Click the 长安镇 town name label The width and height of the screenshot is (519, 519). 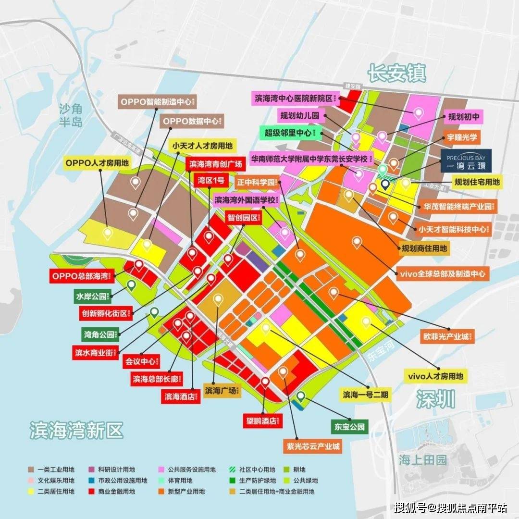(397, 74)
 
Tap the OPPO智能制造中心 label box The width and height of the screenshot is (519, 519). (158, 102)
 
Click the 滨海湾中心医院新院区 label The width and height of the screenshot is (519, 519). (296, 98)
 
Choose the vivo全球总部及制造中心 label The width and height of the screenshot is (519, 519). (443, 274)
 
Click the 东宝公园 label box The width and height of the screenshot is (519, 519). (349, 426)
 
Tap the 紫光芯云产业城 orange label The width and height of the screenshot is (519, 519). (312, 446)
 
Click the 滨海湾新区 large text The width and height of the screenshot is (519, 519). (77, 430)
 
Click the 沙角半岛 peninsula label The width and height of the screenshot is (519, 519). (71, 114)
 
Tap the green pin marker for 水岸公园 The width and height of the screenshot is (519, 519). (131, 285)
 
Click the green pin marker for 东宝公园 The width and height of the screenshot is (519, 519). (300, 397)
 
